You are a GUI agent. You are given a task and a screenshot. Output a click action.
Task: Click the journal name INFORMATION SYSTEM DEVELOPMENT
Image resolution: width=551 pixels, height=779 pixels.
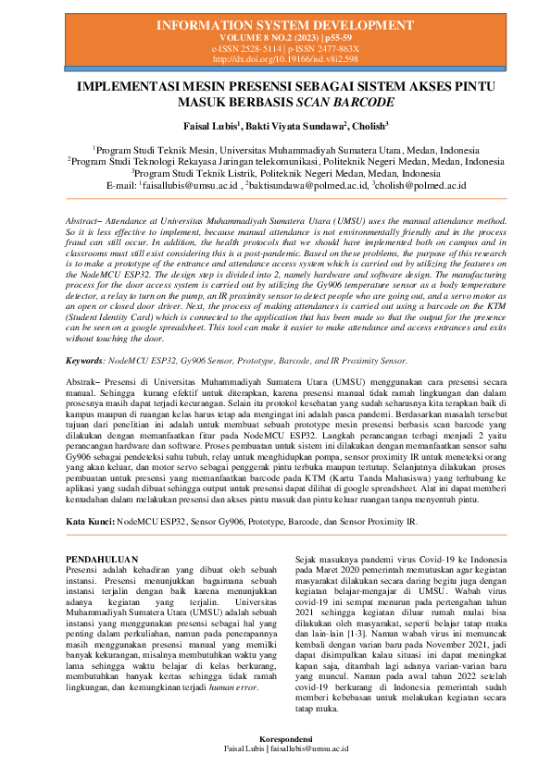coord(275,23)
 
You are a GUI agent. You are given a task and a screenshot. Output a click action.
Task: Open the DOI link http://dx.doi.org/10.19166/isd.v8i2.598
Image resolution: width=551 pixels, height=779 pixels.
coord(275,58)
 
